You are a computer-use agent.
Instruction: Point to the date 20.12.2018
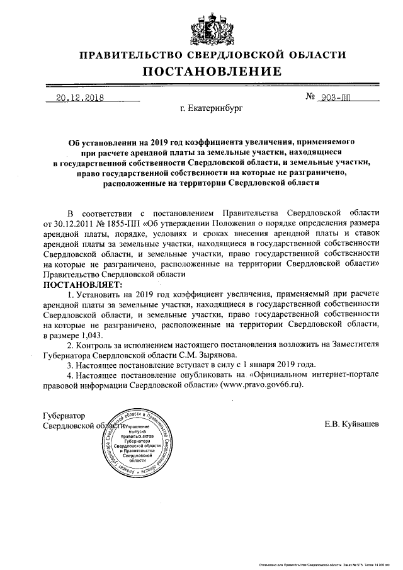tap(79, 98)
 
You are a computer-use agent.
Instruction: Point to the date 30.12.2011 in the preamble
tap(76, 224)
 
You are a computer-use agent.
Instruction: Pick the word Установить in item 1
tap(101, 294)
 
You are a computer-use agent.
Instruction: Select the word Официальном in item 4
tap(295, 374)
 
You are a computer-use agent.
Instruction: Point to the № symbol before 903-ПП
tap(310, 98)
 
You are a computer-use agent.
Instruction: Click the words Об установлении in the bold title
tap(99, 143)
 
